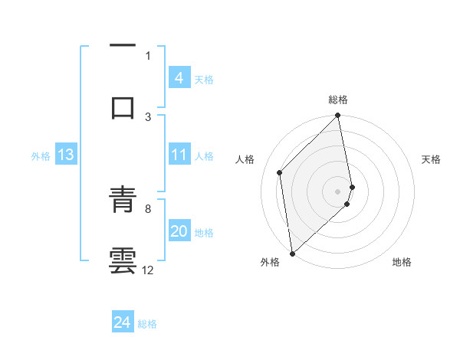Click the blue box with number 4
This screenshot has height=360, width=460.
(179, 78)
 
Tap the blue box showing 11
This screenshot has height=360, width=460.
(179, 155)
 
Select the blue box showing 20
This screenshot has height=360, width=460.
(179, 232)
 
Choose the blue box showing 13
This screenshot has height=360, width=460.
(65, 155)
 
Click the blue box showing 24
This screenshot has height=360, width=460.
(122, 322)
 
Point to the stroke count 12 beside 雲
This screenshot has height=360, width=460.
(148, 270)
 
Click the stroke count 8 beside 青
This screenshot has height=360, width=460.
(148, 208)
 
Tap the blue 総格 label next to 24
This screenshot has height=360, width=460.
(147, 324)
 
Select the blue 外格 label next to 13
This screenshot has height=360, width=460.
(41, 156)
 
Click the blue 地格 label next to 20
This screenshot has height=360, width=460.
(204, 233)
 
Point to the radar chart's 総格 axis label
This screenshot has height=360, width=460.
(338, 100)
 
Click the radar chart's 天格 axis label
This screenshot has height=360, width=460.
(431, 159)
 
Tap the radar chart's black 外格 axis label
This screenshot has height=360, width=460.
(270, 262)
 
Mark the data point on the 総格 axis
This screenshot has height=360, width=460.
(338, 116)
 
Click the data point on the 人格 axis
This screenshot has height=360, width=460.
(280, 172)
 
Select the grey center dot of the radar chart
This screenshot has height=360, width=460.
(338, 191)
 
